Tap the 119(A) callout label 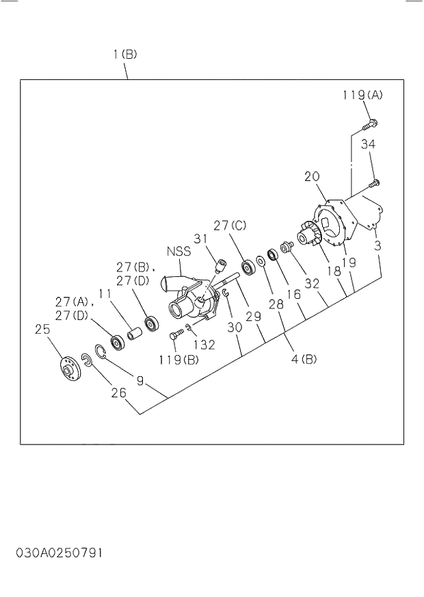pos(362,95)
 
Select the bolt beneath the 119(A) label pos(369,124)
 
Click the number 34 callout pos(368,144)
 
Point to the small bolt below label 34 pos(374,183)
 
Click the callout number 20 pos(312,176)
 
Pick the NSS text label pos(178,251)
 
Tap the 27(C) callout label pos(230,225)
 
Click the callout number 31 pos(200,238)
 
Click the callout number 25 pos(42,329)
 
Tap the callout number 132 pos(203,345)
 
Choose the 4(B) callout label pos(304,359)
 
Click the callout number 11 pos(104,294)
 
